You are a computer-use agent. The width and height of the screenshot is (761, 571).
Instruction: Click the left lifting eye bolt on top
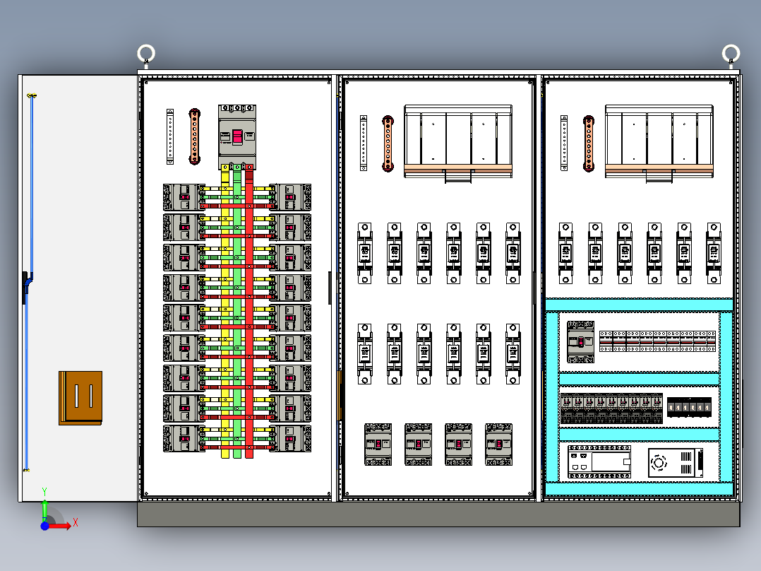coord(146,54)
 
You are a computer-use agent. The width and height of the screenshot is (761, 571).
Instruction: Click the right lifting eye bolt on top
coord(731,54)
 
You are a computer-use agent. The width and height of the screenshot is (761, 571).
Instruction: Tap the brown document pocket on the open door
coord(80,397)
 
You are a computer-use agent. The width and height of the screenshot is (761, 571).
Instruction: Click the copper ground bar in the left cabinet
coord(195,136)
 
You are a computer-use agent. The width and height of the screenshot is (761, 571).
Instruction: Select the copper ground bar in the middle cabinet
coord(388,143)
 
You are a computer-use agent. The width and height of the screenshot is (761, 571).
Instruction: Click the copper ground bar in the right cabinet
coord(588,143)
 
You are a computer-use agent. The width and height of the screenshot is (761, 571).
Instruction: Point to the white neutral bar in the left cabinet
coord(170,136)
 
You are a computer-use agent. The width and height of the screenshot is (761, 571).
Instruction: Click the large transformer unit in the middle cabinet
coord(457,141)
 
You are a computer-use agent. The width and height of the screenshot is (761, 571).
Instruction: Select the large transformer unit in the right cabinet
coord(659,141)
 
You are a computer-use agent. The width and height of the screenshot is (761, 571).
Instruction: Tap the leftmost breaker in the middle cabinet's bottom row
coord(378,444)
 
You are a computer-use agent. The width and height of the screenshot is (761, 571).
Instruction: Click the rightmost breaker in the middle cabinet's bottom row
coord(498,444)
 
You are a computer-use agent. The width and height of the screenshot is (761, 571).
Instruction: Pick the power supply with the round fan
coord(676,463)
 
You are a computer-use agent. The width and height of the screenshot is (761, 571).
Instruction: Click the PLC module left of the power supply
coord(599,463)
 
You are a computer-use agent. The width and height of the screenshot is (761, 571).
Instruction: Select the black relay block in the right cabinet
coord(689,408)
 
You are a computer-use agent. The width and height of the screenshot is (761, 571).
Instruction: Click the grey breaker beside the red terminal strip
coord(580,342)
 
